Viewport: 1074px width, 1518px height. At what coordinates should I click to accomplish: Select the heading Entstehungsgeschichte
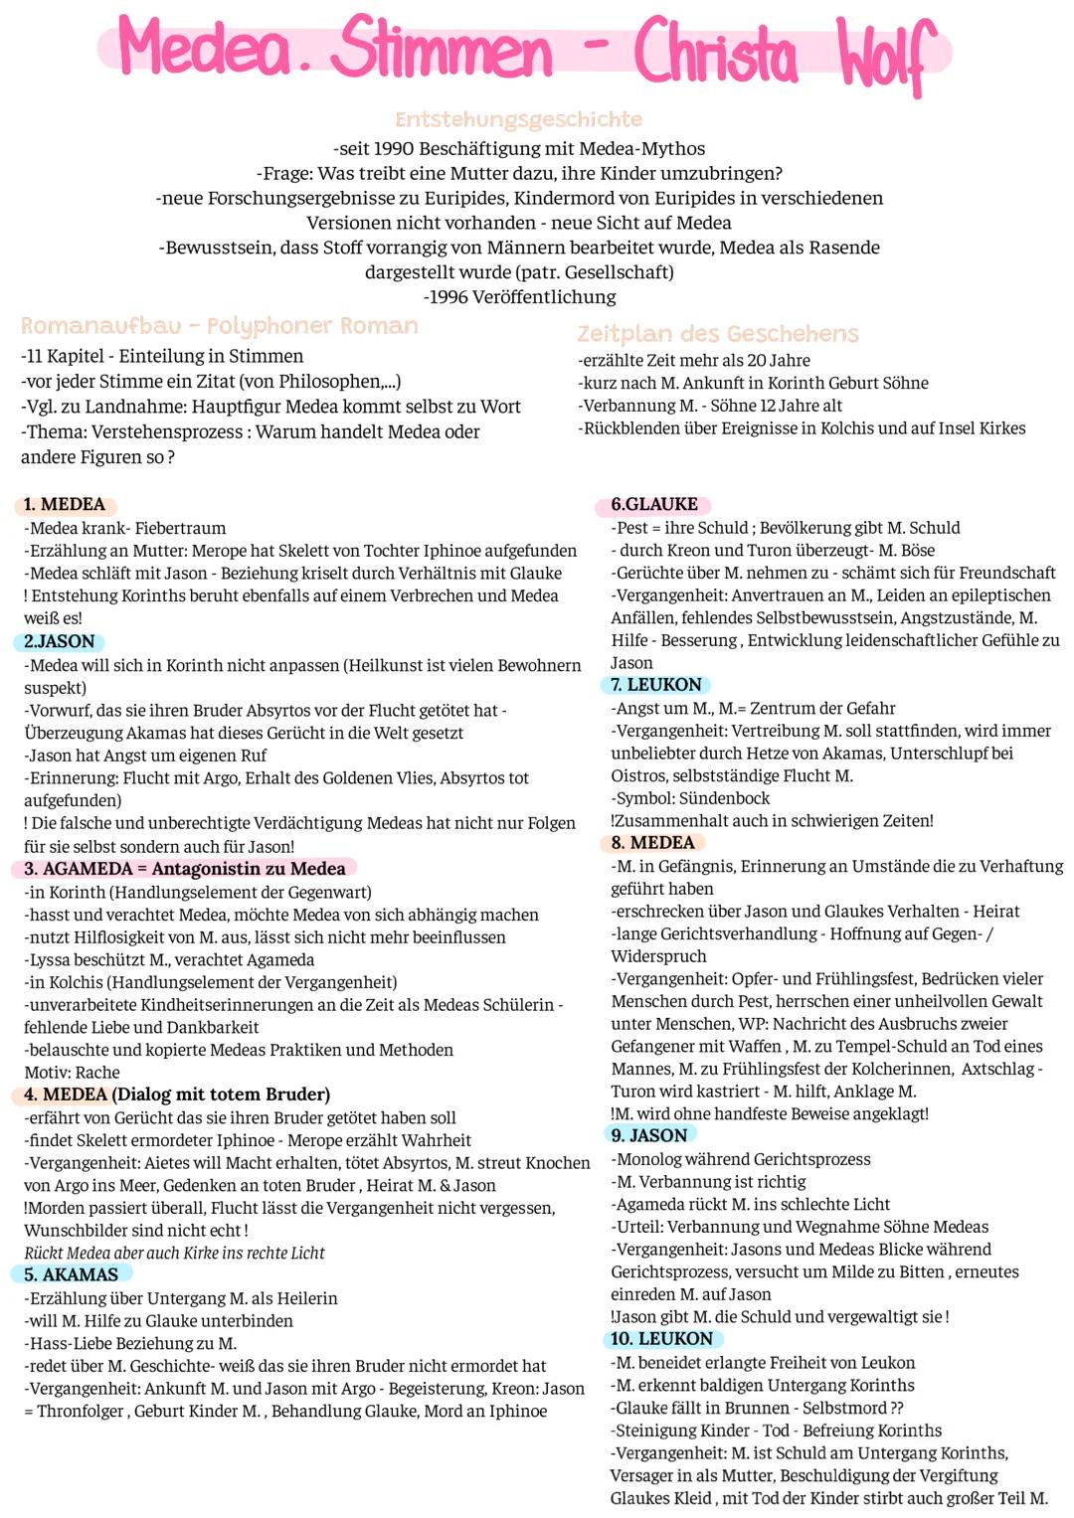pyautogui.click(x=518, y=119)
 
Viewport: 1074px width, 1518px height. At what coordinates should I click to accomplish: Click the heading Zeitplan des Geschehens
pyautogui.click(x=717, y=333)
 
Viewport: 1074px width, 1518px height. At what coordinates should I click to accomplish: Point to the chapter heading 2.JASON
pyautogui.click(x=60, y=641)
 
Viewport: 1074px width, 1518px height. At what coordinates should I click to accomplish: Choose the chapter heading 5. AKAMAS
pyautogui.click(x=71, y=1274)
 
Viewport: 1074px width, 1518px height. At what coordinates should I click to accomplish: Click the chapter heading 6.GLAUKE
pyautogui.click(x=654, y=504)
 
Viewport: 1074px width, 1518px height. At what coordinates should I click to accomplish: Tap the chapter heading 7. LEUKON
pyautogui.click(x=656, y=685)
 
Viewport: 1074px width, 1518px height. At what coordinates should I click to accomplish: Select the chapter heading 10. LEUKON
pyautogui.click(x=661, y=1339)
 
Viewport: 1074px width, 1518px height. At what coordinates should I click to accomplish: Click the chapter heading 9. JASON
pyautogui.click(x=649, y=1135)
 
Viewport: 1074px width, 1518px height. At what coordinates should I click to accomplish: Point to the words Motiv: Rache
pyautogui.click(x=72, y=1073)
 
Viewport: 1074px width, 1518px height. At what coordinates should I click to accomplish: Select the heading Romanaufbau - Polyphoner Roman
pyautogui.click(x=219, y=326)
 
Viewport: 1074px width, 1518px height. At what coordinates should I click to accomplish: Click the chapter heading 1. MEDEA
pyautogui.click(x=64, y=504)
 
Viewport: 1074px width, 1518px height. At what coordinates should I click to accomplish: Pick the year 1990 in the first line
pyautogui.click(x=394, y=149)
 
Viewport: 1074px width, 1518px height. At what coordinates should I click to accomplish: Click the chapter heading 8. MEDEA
pyautogui.click(x=652, y=843)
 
